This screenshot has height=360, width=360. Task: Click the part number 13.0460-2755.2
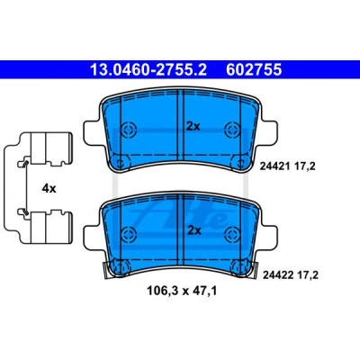[148, 70]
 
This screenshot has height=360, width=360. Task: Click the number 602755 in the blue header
[254, 70]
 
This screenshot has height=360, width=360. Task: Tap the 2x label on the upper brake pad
[193, 127]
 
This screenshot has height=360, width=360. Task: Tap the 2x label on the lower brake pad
[194, 230]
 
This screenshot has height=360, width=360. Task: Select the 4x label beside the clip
[49, 189]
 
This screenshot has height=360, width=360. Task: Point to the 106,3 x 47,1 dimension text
[182, 291]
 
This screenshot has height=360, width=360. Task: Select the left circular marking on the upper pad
[129, 130]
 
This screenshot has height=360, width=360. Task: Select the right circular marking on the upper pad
[232, 130]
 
